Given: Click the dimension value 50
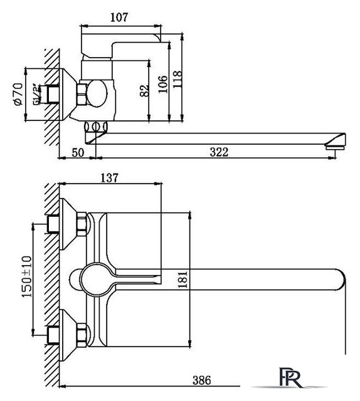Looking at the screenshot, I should click(77, 152).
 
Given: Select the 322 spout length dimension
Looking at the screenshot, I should click(218, 152).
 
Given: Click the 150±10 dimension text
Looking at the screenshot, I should click(26, 276).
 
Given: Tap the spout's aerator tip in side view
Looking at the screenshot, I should click(336, 145).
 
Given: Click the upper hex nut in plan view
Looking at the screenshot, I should click(82, 224).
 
